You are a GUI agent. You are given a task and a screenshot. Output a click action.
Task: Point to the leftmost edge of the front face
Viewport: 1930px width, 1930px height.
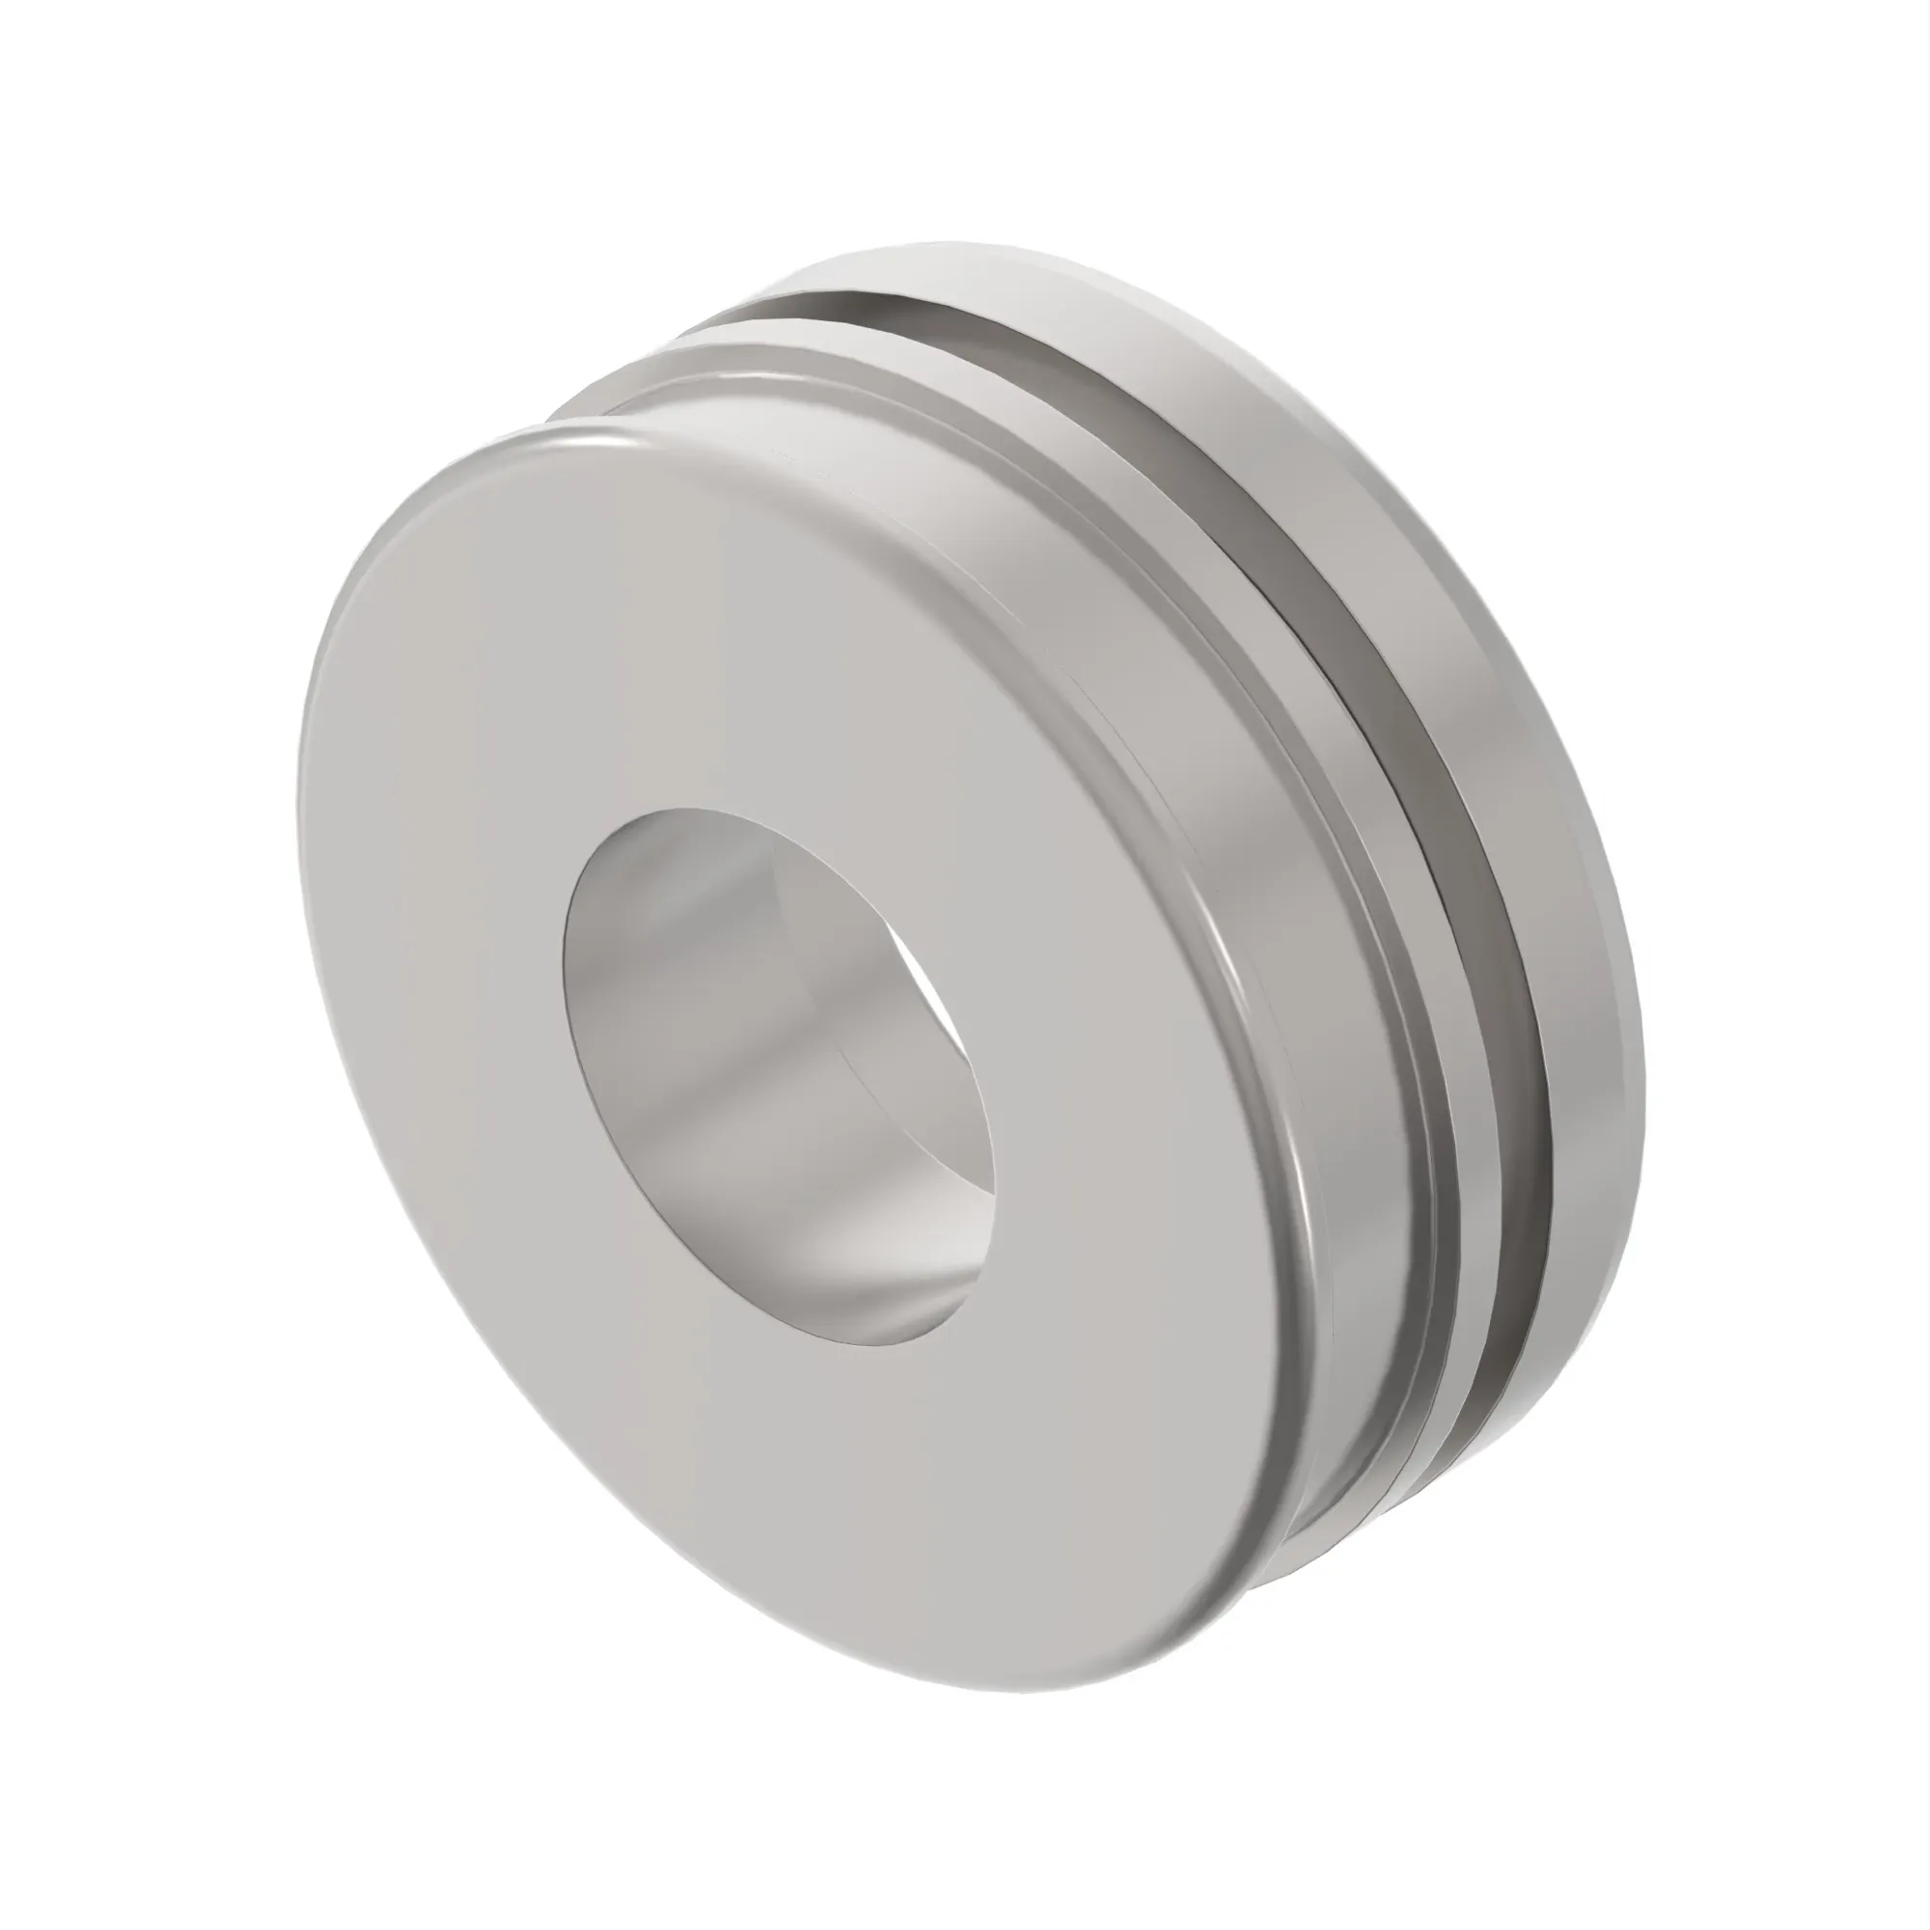(300, 829)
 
